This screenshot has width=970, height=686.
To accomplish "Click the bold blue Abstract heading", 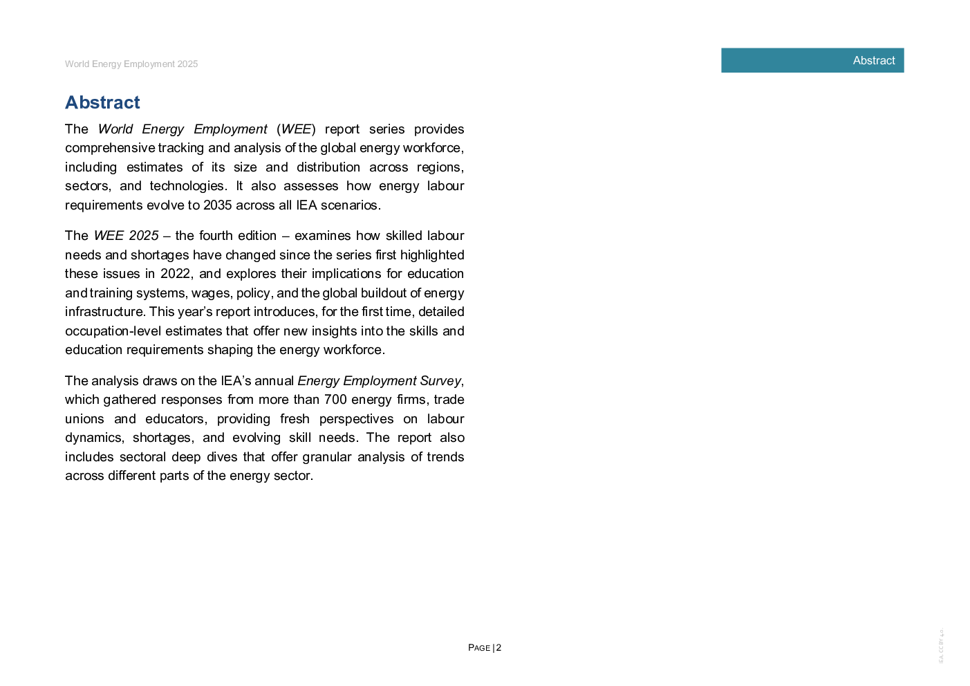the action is [102, 102].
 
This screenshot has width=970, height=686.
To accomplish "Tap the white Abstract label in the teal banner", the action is [873, 61].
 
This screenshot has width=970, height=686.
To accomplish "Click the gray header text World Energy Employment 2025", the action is [131, 64].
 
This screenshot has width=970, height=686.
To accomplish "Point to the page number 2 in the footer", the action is [498, 647].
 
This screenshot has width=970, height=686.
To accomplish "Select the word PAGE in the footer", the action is [479, 648].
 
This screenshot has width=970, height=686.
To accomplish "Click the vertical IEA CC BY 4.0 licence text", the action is [941, 645].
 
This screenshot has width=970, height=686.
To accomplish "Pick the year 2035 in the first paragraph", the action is [217, 205].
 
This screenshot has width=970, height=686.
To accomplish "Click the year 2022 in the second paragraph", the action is [175, 274].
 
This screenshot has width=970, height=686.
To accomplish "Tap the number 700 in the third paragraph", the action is [335, 399].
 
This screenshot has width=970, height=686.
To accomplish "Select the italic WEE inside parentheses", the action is [296, 129].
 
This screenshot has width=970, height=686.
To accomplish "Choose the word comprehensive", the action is [110, 148].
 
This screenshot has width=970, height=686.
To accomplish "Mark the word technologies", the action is [187, 186].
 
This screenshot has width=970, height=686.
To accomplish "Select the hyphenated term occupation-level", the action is [113, 331].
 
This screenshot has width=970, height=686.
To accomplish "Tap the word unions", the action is [84, 419].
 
